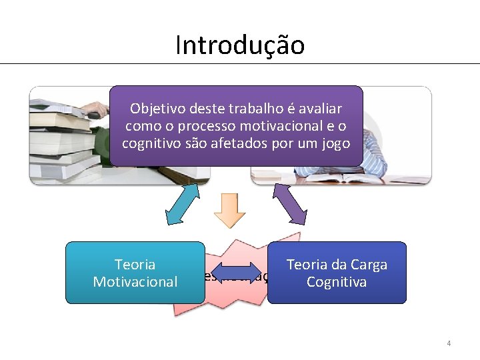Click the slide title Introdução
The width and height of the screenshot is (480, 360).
point(240,45)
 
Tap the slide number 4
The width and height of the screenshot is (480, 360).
point(449,343)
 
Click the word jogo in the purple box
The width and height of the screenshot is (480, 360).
point(335,143)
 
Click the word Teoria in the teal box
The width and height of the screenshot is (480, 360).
point(135,265)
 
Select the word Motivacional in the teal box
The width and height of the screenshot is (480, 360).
point(135,282)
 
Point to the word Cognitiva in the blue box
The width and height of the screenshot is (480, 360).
point(337,282)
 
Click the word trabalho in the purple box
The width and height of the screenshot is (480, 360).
point(257,108)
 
